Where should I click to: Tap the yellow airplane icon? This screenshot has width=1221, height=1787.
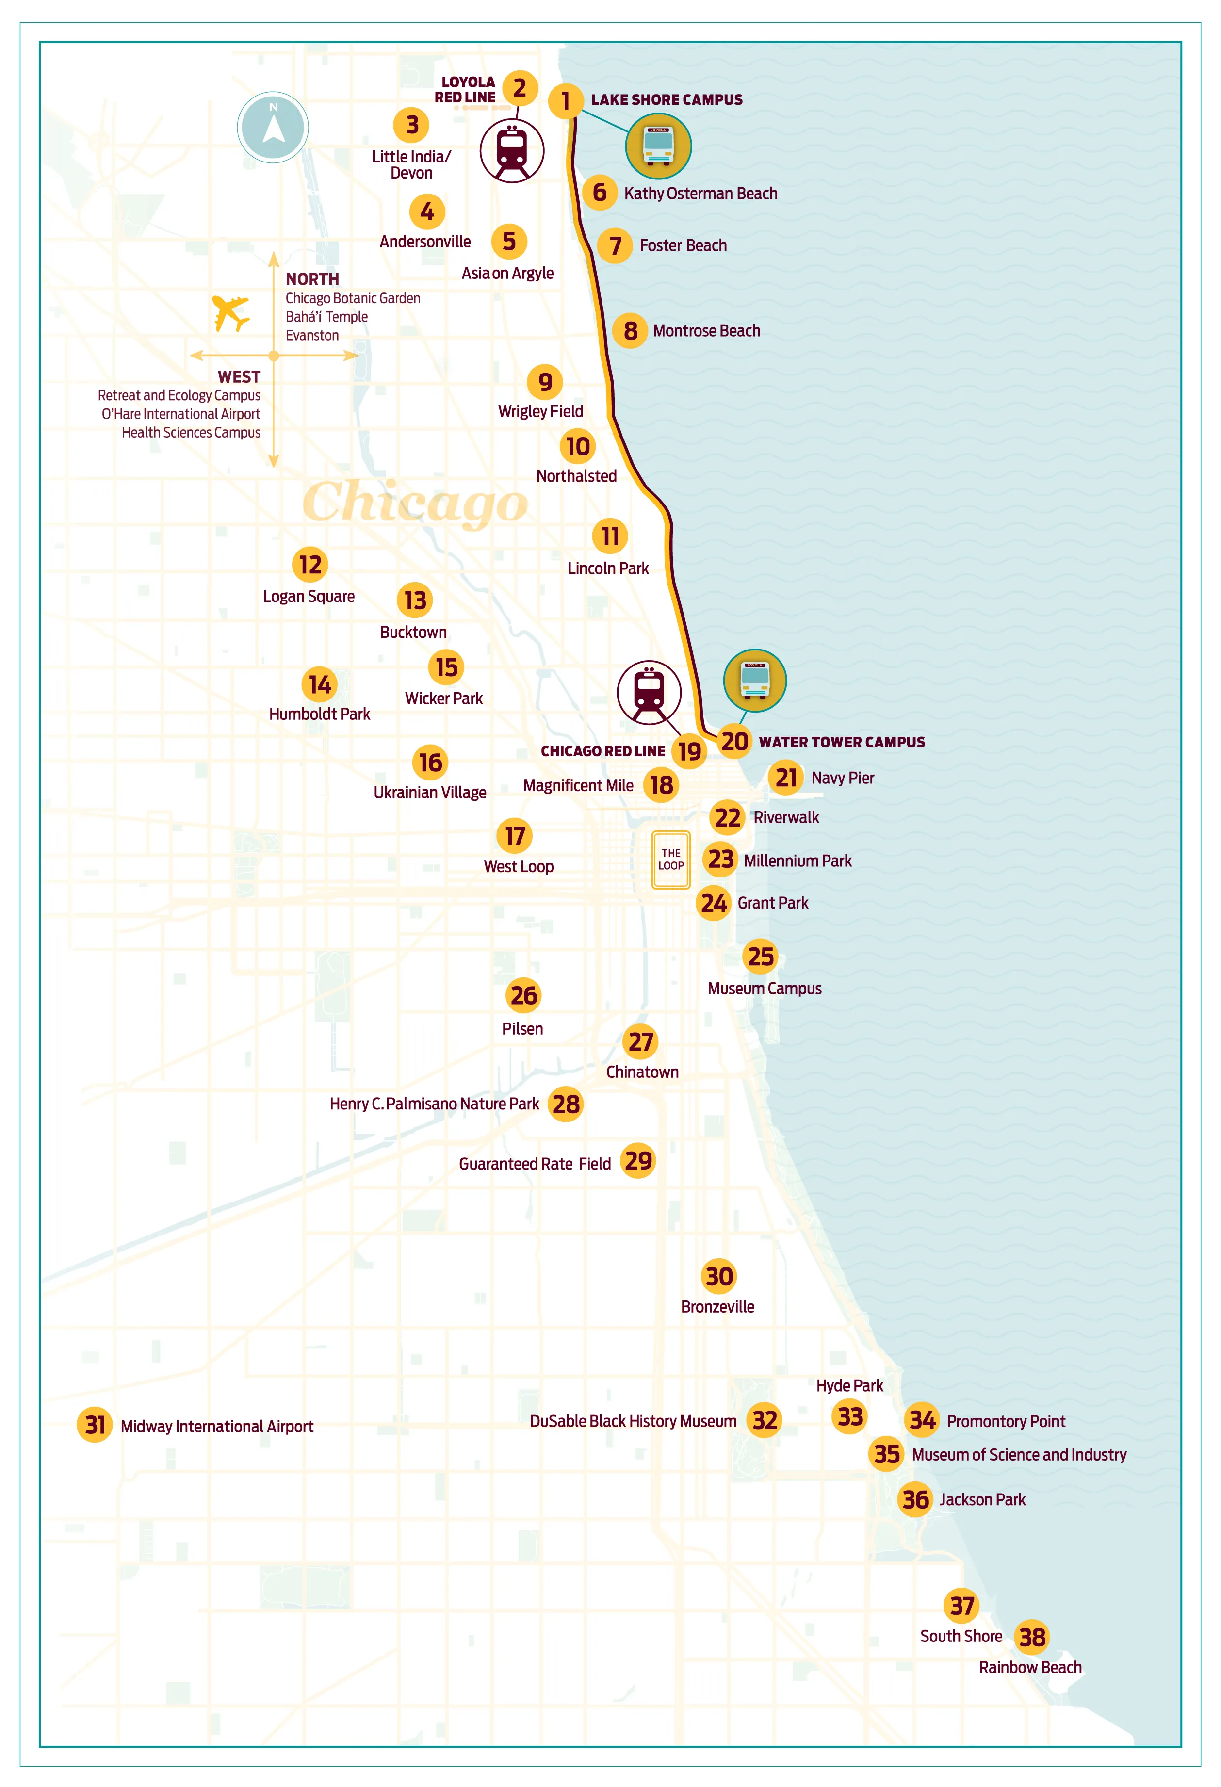tap(231, 313)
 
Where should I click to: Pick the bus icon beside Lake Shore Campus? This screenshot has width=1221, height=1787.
tap(658, 146)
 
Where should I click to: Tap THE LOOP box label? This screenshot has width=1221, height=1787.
tap(670, 860)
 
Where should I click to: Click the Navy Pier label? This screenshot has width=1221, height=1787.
tap(842, 778)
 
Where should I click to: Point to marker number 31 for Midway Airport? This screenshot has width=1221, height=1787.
tap(95, 1425)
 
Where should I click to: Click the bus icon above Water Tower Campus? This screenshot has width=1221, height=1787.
tap(754, 681)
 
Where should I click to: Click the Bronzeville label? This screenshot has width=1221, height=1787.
tap(717, 1306)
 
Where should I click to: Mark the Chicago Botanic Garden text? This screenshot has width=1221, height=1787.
tap(353, 298)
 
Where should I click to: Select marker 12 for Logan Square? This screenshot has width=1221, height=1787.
tap(310, 565)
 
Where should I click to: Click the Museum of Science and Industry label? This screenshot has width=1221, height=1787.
tap(1018, 1455)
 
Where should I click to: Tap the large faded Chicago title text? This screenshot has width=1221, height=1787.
tap(415, 502)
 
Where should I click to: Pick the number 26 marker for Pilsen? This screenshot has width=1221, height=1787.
tap(523, 995)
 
